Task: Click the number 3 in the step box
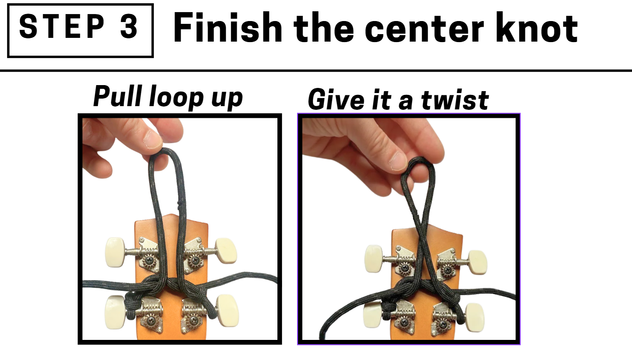[x=129, y=27]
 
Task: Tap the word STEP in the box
[x=62, y=27]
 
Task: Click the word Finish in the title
[x=228, y=27]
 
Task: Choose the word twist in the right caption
[x=455, y=100]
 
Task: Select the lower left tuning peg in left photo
[x=116, y=312]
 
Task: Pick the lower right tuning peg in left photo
[x=227, y=310]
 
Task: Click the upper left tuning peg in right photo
[x=374, y=259]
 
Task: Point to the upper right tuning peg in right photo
[x=478, y=262]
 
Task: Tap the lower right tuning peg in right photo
[x=474, y=317]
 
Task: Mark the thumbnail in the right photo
[x=399, y=161]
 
